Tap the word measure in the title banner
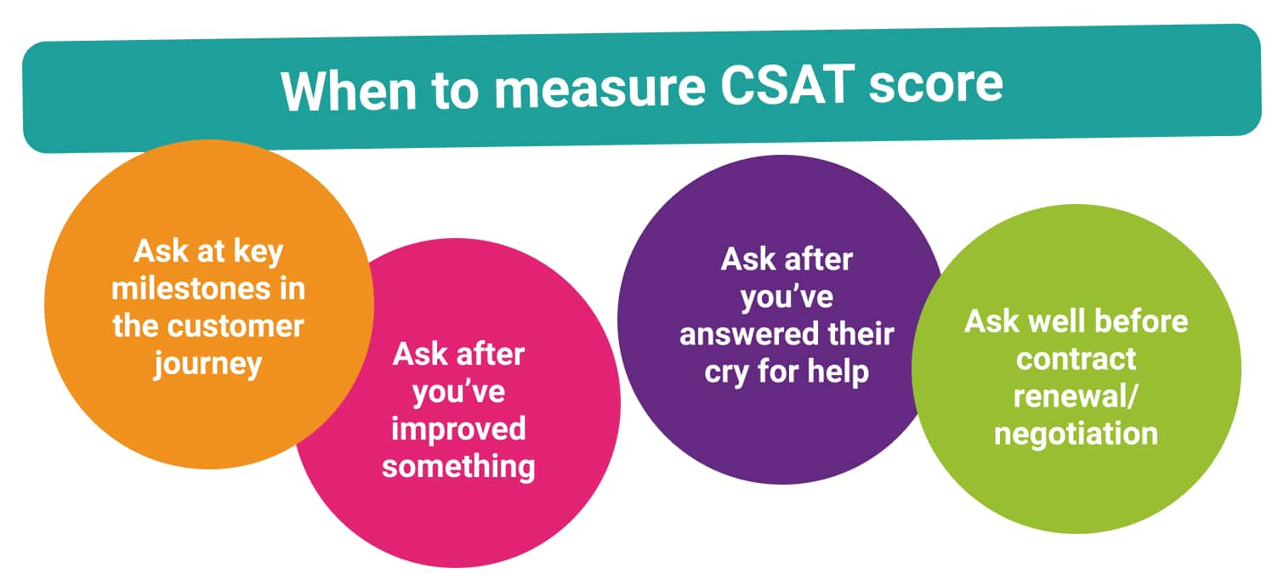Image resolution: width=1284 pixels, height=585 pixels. coord(599,88)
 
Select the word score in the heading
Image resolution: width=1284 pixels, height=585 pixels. coord(935,85)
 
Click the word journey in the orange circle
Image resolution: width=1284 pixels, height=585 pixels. coord(208,365)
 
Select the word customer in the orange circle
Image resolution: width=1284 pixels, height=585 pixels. coord(236,326)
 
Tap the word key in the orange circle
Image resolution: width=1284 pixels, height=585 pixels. coord(259,253)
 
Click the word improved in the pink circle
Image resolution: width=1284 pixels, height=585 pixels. coord(458,430)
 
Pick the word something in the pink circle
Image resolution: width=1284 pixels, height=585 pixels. coord(458,467)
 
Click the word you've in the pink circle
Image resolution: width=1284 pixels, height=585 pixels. coord(458,393)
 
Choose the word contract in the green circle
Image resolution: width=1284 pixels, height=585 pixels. coord(1076,360)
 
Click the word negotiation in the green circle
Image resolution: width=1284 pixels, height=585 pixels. coord(1076,434)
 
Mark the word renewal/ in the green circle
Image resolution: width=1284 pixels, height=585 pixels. coord(1076,395)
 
